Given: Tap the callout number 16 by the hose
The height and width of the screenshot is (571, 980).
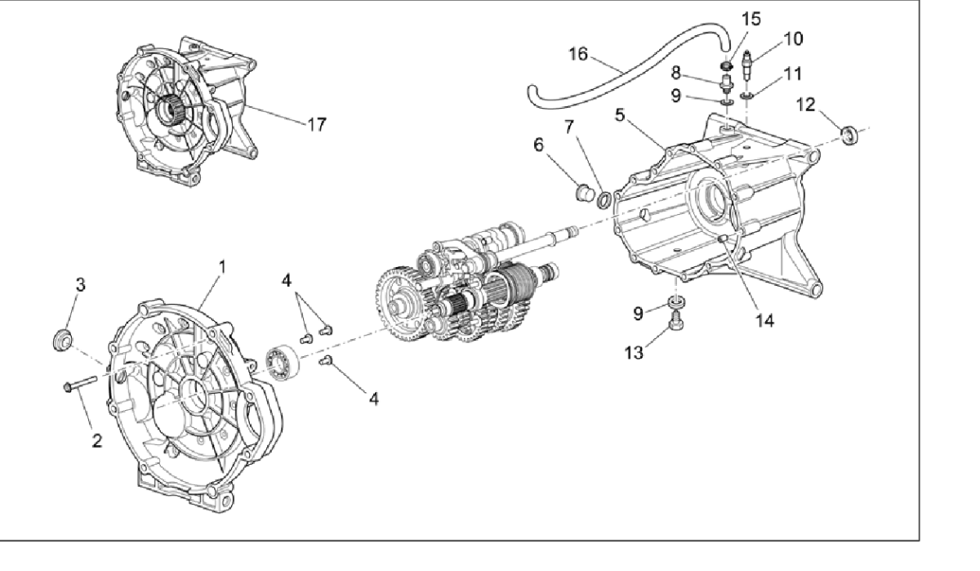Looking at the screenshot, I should click(578, 55).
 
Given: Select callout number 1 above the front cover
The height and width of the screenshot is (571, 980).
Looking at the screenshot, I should click(221, 267).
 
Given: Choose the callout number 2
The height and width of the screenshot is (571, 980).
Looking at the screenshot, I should click(97, 441).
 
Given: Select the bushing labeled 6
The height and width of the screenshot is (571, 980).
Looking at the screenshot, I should click(583, 194).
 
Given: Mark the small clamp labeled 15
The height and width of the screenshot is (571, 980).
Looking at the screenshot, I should click(724, 65).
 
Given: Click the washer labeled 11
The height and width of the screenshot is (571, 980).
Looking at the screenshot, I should click(746, 100).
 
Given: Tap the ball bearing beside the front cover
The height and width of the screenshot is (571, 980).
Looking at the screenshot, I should click(283, 360).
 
